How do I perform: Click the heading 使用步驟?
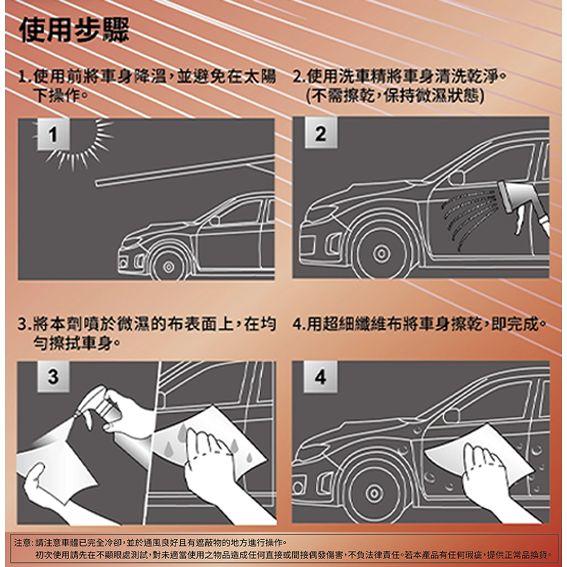pyautogui.click(x=74, y=31)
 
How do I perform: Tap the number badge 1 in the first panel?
pyautogui.click(x=53, y=134)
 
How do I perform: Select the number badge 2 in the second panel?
pyautogui.click(x=321, y=133)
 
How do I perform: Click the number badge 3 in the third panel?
pyautogui.click(x=53, y=376)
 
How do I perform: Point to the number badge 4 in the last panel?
pyautogui.click(x=320, y=377)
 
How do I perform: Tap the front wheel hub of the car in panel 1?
pyautogui.click(x=168, y=267)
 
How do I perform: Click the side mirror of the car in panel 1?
pyautogui.click(x=214, y=221)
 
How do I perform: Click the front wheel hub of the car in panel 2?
pyautogui.click(x=381, y=253)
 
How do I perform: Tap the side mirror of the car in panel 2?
pyautogui.click(x=456, y=178)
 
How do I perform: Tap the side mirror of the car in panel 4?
pyautogui.click(x=451, y=416)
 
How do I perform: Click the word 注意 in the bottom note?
pyautogui.click(x=23, y=543)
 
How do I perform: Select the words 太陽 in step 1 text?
pyautogui.click(x=260, y=77)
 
